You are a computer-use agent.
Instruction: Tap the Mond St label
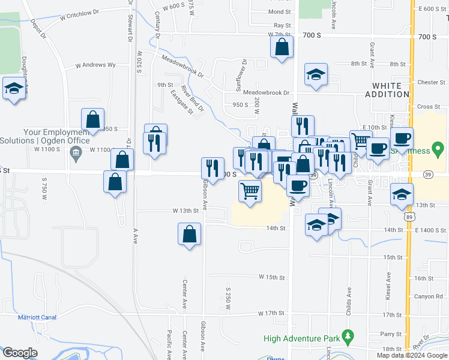point(279,12)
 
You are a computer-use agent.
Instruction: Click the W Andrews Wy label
point(95,65)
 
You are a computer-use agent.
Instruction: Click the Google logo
point(20,353)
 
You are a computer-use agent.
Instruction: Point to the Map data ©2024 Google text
point(411,355)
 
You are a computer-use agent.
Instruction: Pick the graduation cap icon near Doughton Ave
point(14,90)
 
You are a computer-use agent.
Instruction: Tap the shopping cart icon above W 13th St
point(250,192)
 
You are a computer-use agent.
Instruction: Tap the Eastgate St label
point(181,103)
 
